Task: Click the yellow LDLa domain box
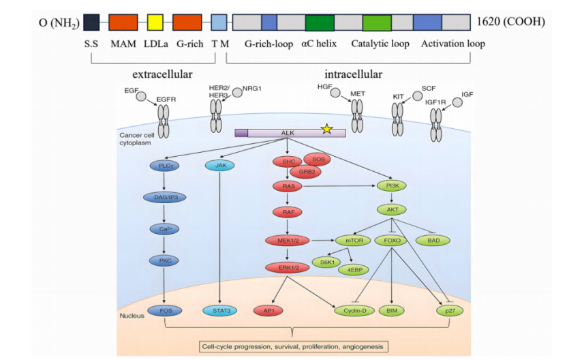(155, 22)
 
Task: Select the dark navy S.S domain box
(91, 22)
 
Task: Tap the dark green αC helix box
(319, 22)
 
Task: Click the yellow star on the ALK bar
(327, 128)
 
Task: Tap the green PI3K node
(392, 185)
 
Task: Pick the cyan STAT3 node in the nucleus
(220, 311)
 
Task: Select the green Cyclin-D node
(354, 311)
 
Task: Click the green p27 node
(448, 311)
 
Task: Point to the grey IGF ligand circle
(457, 102)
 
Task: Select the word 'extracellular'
(162, 74)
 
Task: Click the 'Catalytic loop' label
(380, 44)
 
